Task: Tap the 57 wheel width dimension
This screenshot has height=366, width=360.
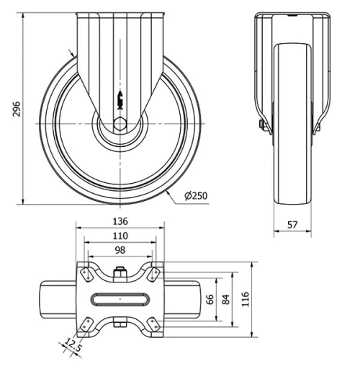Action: coord(292,225)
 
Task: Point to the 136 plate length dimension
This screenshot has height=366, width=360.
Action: coord(120,221)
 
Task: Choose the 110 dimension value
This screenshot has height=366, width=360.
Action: coord(120,235)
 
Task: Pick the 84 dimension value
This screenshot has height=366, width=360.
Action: coord(225,299)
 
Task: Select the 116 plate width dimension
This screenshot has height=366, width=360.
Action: coord(245,299)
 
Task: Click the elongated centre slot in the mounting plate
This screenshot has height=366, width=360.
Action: coord(120,298)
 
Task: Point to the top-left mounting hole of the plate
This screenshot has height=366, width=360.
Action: coord(86,274)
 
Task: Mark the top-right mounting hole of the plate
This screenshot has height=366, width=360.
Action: coord(153,274)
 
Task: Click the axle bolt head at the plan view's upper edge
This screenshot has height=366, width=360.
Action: coord(120,272)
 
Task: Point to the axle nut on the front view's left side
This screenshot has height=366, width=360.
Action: coord(261,127)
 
